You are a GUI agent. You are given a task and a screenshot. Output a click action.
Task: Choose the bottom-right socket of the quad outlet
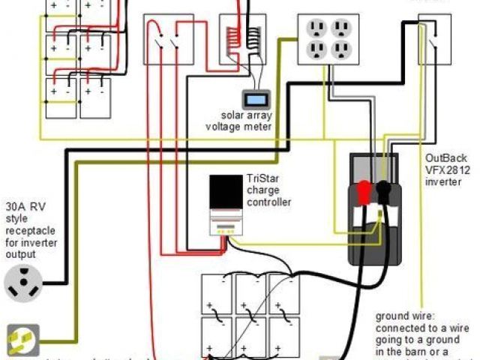pos(342,52)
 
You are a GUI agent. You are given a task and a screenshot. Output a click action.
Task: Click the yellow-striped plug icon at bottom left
pos(22,339)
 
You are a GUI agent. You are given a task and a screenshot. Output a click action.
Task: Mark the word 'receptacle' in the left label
pos(31,231)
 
